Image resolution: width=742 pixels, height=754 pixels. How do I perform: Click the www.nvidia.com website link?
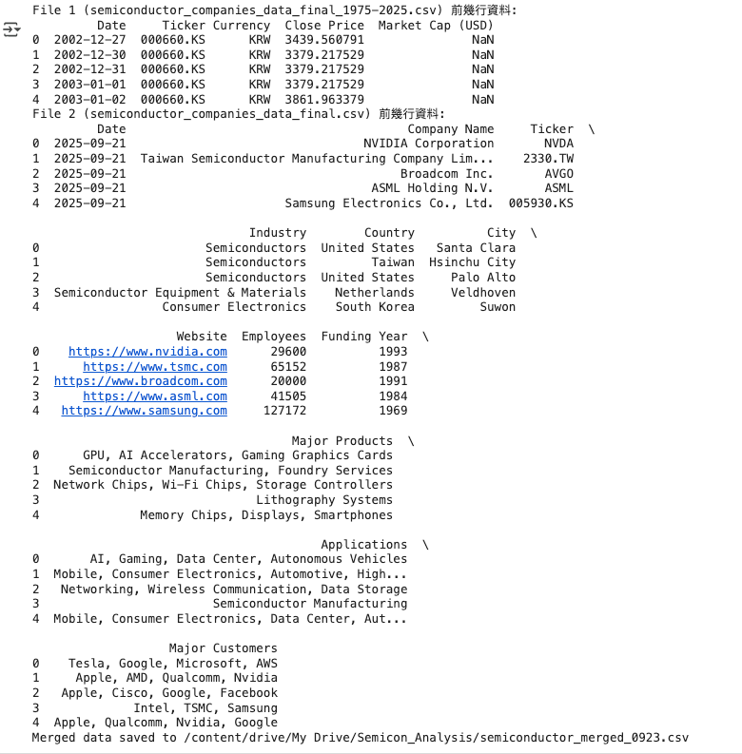coord(147,352)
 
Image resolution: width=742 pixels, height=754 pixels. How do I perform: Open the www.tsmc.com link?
coord(155,367)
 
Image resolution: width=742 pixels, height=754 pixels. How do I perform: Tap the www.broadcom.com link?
coord(141,381)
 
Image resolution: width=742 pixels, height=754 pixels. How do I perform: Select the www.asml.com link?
coord(155,396)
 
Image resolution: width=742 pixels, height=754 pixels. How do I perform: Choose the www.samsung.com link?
coord(145,411)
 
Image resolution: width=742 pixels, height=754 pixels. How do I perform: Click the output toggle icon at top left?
coord(11,30)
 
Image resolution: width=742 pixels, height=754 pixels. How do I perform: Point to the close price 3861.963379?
coord(324,99)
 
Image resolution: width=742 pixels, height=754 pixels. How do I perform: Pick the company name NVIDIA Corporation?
coord(429,144)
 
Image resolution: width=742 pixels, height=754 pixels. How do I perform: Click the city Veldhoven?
coord(483,293)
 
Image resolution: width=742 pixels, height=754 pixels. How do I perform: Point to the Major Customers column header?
coord(224,648)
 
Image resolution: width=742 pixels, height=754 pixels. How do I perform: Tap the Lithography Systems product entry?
coord(324,500)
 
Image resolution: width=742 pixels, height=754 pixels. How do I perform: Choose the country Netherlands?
coord(375,293)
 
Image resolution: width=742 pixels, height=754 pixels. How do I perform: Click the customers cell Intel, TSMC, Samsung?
coord(205,707)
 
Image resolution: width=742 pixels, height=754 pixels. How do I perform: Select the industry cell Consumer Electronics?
coord(234,307)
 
